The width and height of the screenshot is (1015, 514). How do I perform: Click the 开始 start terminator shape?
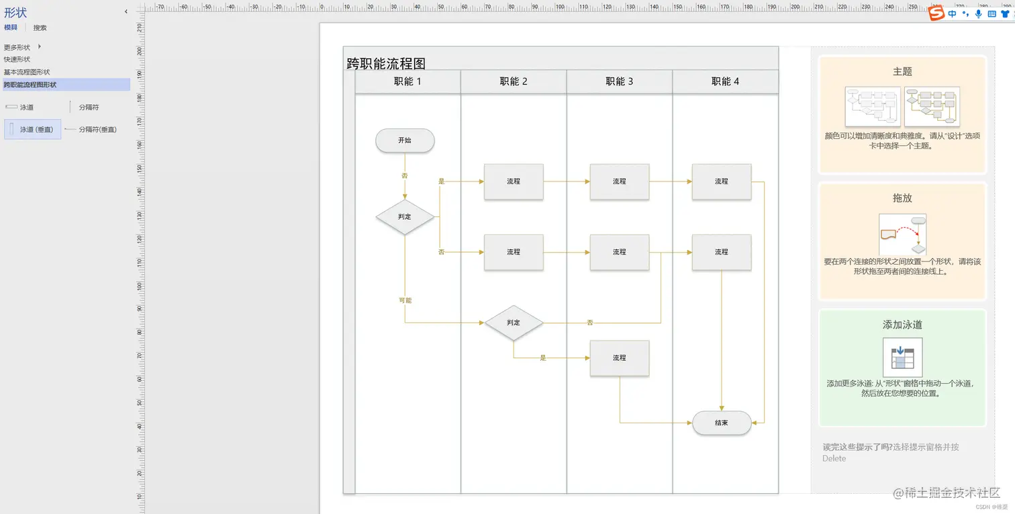coord(405,140)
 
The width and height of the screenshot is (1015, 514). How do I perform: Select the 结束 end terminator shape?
coord(722,423)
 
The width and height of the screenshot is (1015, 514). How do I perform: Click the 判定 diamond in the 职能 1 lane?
coord(405,217)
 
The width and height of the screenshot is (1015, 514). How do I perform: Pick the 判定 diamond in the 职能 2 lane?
coord(514,323)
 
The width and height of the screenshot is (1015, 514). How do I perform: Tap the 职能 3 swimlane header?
coord(619,81)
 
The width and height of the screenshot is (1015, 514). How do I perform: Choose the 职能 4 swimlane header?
coord(725,81)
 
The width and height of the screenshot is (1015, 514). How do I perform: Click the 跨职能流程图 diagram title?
coord(386,63)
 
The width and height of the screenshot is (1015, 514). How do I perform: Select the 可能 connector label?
coord(405,300)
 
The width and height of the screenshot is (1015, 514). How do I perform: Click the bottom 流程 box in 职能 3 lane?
coord(619,358)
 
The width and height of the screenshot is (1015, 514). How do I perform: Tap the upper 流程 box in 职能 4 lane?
coord(722,181)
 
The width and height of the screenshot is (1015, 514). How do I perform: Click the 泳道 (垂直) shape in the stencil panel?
coord(33,129)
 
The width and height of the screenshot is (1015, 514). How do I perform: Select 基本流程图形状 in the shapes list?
coord(27,72)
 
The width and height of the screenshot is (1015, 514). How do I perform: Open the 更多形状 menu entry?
coord(17,47)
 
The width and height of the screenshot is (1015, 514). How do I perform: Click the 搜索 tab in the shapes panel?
coord(40,28)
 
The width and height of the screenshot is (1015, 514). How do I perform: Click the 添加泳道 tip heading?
coord(902,325)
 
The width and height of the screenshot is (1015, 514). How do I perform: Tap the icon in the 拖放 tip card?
coord(902,235)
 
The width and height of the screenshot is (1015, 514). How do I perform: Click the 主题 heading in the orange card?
coord(902,71)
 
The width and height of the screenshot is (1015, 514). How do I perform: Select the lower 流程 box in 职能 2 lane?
coord(514,252)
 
